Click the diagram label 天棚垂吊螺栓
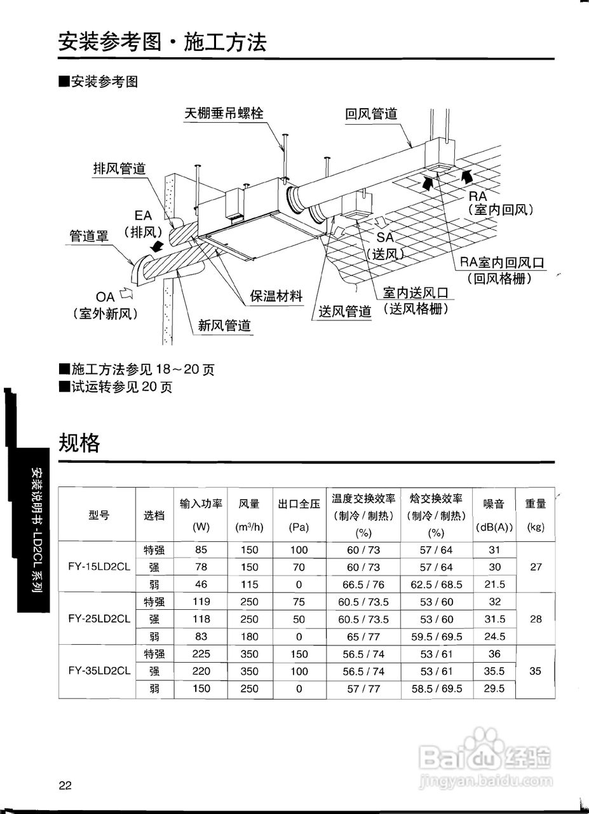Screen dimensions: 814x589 tap(224, 114)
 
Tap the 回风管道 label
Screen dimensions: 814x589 tap(371, 114)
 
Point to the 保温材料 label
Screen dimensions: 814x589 tap(276, 296)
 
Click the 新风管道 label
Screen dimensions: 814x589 tap(224, 326)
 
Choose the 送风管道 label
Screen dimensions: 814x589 tap(345, 312)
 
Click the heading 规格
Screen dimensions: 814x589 tap(79, 442)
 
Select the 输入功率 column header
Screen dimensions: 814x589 tap(201, 504)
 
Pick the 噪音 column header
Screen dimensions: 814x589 tap(494, 504)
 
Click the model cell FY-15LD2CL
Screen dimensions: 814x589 tap(99, 567)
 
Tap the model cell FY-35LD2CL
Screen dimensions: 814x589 tap(99, 670)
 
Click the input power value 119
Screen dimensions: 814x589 tap(201, 602)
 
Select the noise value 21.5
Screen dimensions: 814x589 tap(494, 584)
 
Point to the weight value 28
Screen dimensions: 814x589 tap(535, 619)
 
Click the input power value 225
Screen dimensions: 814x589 tap(201, 654)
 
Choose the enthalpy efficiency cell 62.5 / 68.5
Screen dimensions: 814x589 tap(437, 584)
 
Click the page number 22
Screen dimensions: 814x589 tap(65, 785)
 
